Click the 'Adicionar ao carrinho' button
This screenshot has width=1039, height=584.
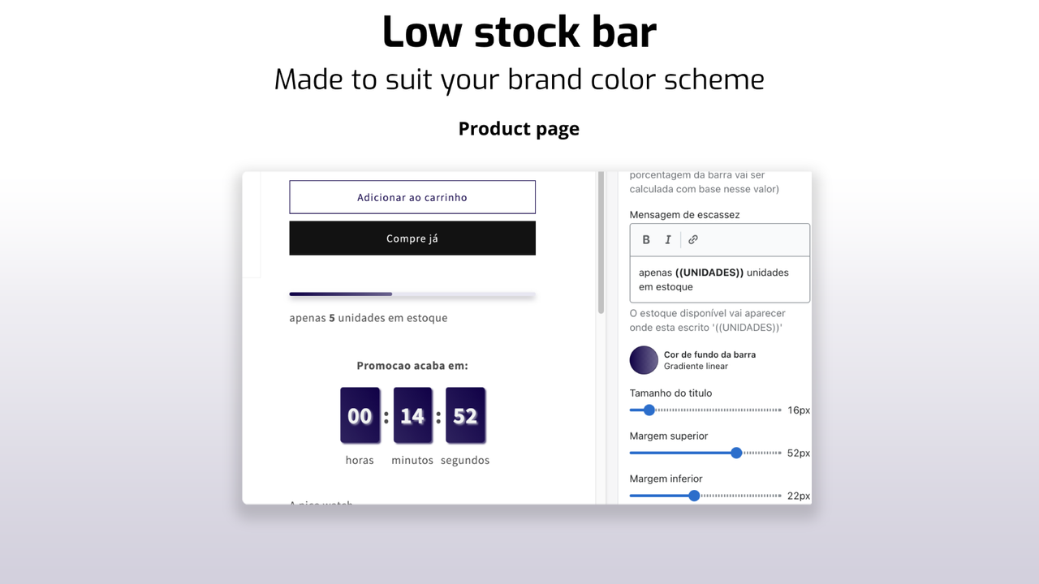[x=412, y=197]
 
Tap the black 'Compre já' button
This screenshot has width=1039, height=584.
[x=412, y=238]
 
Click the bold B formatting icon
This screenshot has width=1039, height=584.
[x=646, y=239]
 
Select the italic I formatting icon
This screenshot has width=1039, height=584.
[x=668, y=239]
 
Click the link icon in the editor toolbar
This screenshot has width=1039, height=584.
[x=693, y=239]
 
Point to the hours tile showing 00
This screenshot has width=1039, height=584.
[x=360, y=416]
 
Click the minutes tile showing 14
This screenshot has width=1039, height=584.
[x=412, y=416]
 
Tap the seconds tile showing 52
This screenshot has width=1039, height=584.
[x=465, y=416]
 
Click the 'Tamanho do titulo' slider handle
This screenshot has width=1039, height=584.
[x=649, y=410]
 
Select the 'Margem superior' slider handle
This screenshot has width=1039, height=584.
[x=736, y=453]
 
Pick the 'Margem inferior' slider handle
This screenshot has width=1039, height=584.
[x=694, y=496]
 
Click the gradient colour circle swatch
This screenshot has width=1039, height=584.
[x=644, y=360]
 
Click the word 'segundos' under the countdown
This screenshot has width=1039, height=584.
[x=465, y=461]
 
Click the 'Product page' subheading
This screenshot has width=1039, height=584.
[x=519, y=129]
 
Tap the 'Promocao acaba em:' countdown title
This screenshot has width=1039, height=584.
[x=412, y=366]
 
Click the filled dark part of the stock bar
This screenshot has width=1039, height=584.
[x=341, y=294]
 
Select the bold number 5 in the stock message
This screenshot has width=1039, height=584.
[x=332, y=318]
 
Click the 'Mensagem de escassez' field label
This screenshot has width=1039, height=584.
[x=684, y=215]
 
